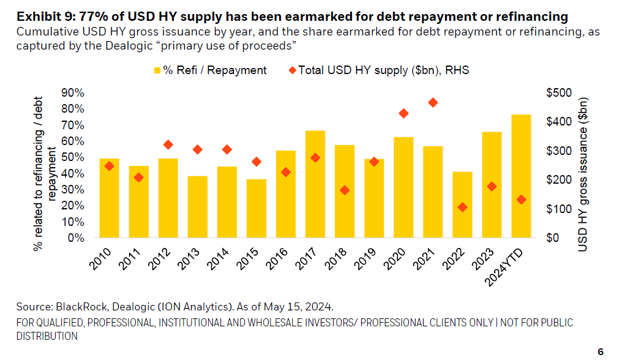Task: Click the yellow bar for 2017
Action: (x=315, y=184)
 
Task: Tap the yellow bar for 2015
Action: (x=256, y=208)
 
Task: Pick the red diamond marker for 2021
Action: (x=433, y=103)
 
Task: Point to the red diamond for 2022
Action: (x=462, y=208)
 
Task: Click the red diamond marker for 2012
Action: (x=168, y=144)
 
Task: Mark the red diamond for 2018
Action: (x=345, y=190)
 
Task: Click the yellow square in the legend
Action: (x=157, y=70)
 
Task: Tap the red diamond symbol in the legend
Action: (x=291, y=70)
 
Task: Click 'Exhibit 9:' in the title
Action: (x=37, y=16)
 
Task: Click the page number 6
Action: (x=600, y=351)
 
